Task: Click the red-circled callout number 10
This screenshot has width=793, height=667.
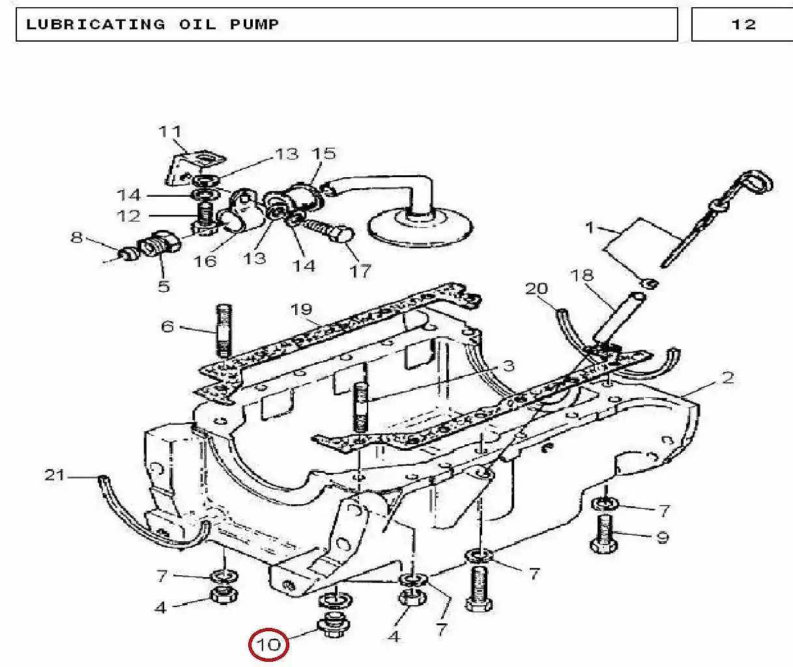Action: coord(268,645)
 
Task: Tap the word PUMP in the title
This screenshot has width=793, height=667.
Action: coord(255,25)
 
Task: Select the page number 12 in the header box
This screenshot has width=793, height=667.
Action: coord(743,25)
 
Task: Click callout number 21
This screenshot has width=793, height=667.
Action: coord(55,475)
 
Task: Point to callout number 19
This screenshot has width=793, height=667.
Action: coord(301,309)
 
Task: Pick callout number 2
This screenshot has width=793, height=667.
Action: coord(728,378)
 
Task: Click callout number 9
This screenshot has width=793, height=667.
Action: coord(663,537)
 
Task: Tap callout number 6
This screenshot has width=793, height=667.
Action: coord(167,326)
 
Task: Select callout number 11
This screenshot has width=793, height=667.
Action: coord(170,132)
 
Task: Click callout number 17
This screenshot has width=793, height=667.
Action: coord(360,271)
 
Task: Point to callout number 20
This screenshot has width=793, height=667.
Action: coord(536,289)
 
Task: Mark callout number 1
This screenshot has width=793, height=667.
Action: coord(590,228)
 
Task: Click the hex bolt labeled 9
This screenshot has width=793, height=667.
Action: coord(604,533)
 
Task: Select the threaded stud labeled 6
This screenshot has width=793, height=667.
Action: coord(223,331)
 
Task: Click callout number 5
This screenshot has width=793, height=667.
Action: coord(164,286)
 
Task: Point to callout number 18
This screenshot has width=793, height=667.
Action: coord(582,275)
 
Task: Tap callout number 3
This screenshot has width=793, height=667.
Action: coord(508,365)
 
